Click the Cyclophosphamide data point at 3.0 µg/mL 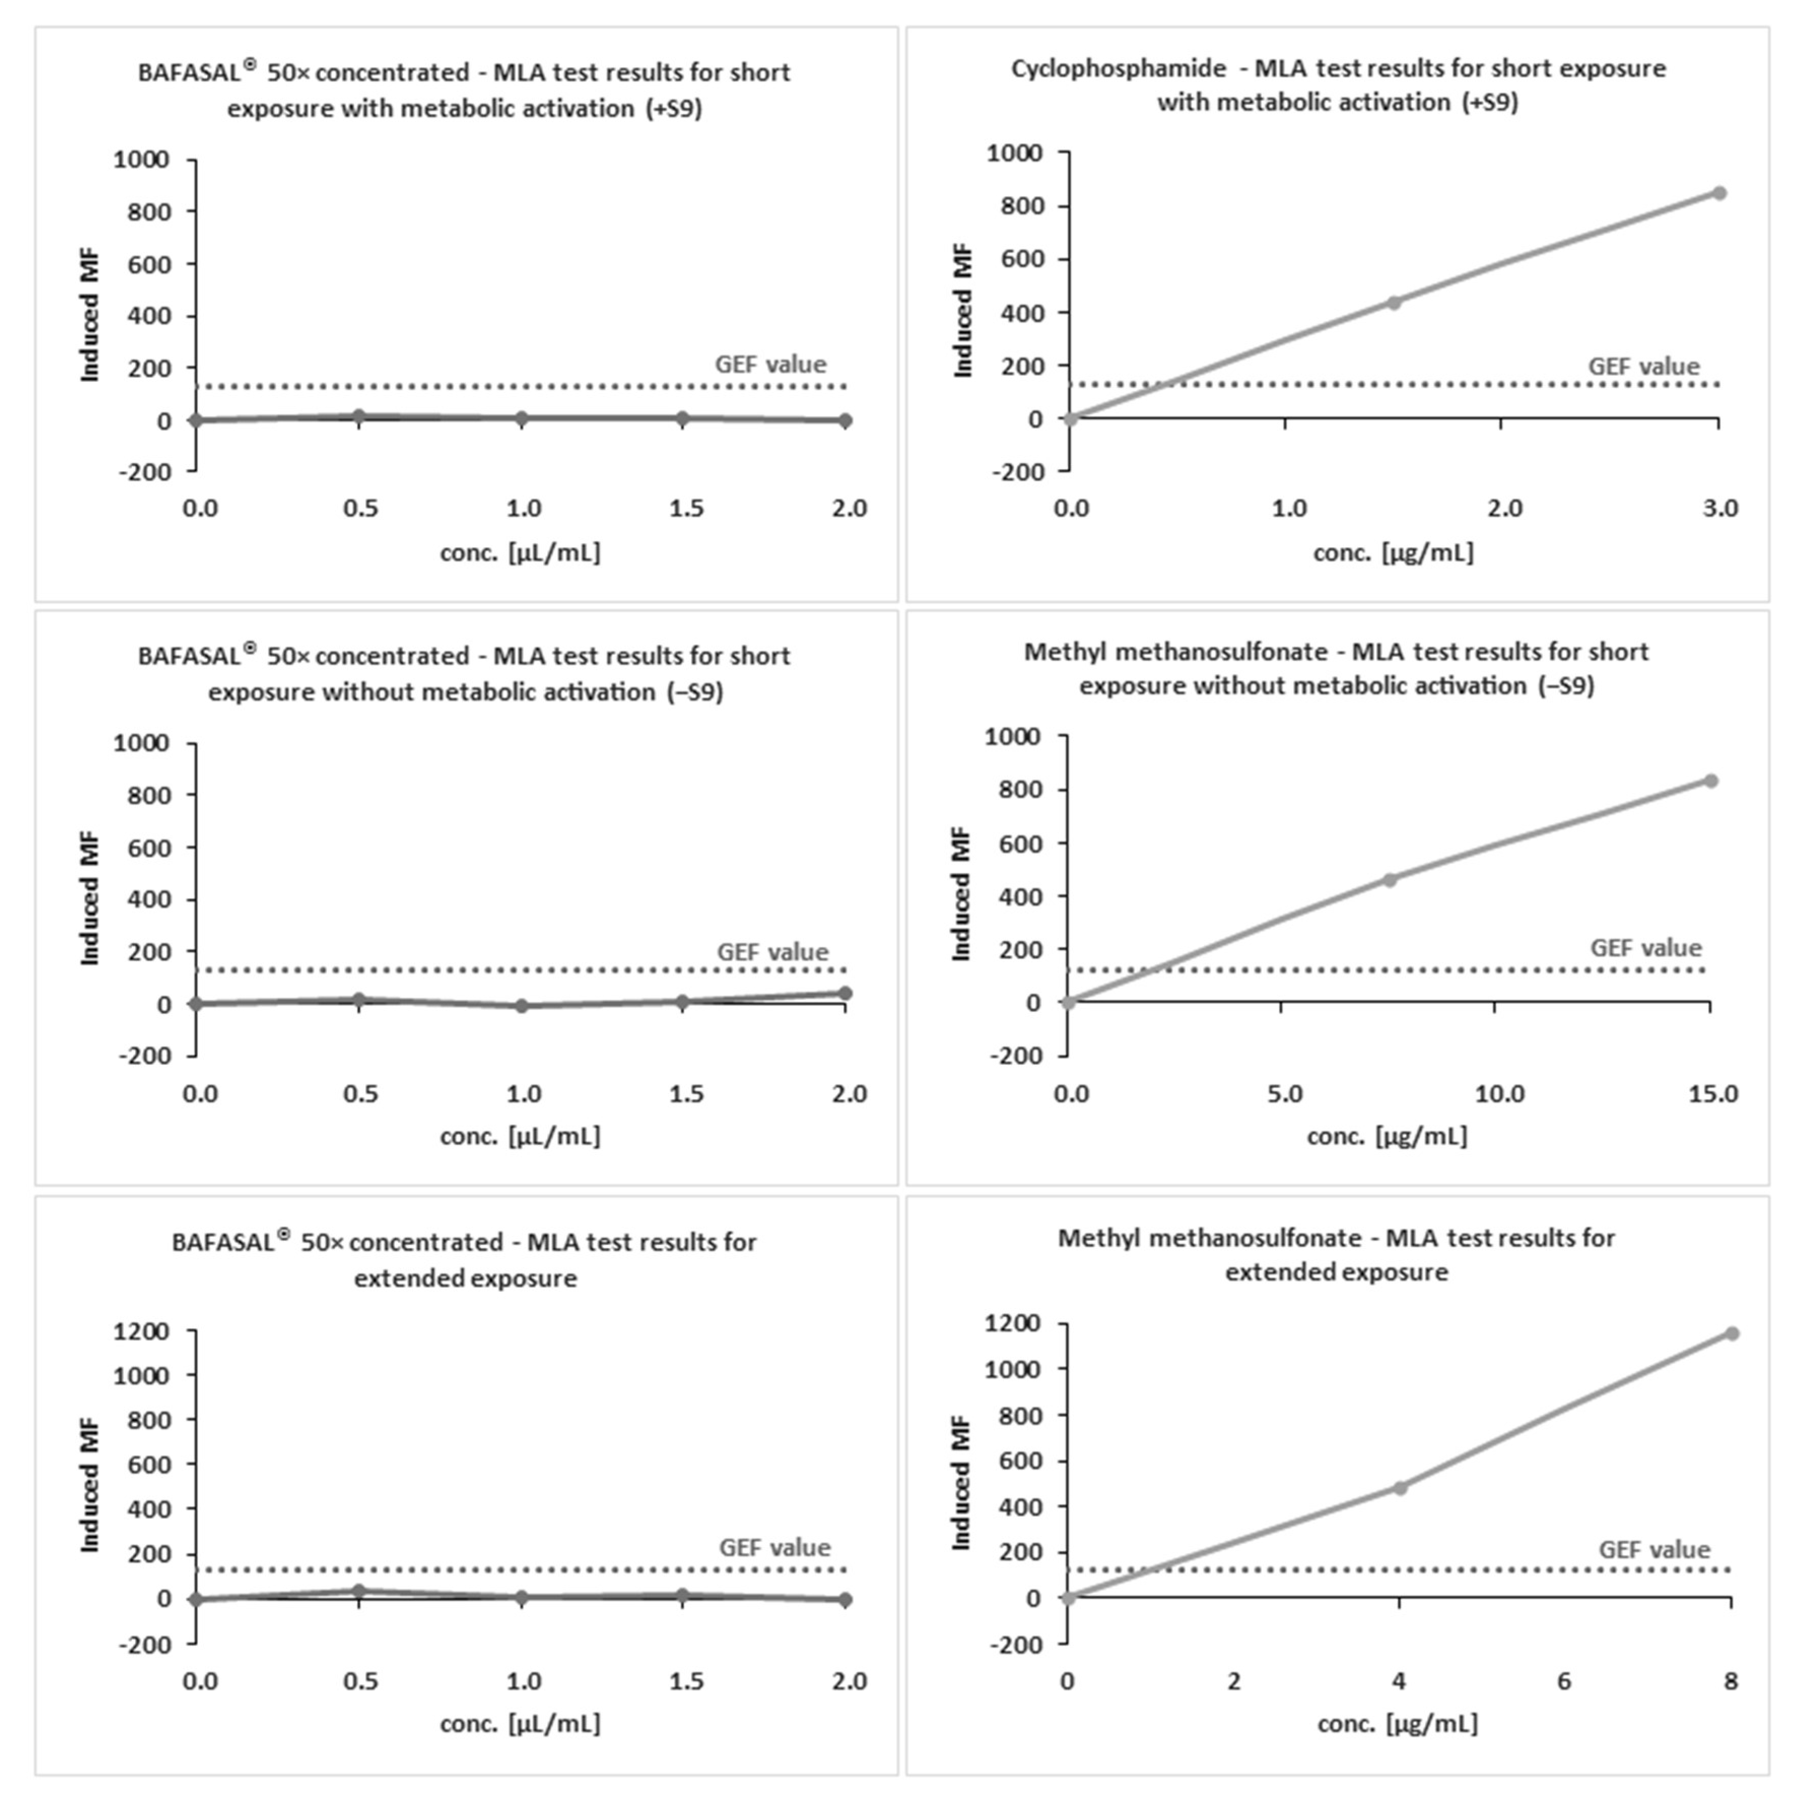[x=1718, y=193]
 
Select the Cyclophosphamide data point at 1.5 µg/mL [x=1394, y=303]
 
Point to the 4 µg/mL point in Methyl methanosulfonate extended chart [x=1399, y=1488]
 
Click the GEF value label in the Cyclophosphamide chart [x=1644, y=367]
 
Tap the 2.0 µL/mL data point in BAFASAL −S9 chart [x=845, y=993]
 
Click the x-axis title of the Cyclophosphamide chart [x=1393, y=552]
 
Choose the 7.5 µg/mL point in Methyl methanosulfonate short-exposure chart [x=1389, y=879]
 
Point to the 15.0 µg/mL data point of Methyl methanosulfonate [x=1710, y=780]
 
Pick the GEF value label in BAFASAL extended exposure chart [x=774, y=1547]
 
